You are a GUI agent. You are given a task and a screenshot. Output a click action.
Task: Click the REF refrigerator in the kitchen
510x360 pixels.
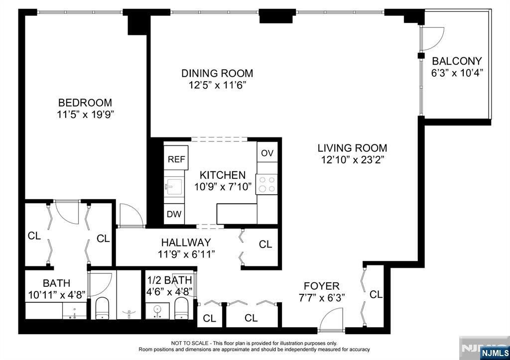pyautogui.click(x=176, y=158)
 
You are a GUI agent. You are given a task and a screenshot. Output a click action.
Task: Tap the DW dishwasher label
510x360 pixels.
pyautogui.click(x=174, y=214)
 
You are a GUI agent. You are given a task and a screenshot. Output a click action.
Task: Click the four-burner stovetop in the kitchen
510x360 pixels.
pyautogui.click(x=267, y=184)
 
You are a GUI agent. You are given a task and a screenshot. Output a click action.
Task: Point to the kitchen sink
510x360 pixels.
pyautogui.click(x=174, y=187)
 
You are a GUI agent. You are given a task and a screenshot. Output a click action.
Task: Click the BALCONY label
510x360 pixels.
pyautogui.click(x=457, y=61)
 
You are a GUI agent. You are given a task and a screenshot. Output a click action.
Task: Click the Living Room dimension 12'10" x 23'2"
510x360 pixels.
pyautogui.click(x=352, y=160)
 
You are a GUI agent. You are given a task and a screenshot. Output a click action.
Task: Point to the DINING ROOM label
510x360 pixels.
pyautogui.click(x=217, y=73)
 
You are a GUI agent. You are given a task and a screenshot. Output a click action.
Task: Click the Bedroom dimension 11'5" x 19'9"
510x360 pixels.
pyautogui.click(x=85, y=115)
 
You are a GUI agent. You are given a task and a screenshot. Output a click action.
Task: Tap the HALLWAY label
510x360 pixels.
pyautogui.click(x=186, y=242)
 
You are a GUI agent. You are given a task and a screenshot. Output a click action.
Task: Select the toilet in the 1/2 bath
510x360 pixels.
pyautogui.click(x=181, y=308)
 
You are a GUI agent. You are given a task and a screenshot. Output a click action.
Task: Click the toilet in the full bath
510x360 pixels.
pyautogui.click(x=102, y=308)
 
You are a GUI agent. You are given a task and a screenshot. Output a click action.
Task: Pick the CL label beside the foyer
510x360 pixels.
pyautogui.click(x=376, y=294)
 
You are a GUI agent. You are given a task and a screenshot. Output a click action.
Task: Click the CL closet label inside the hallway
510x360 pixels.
pyautogui.click(x=265, y=244)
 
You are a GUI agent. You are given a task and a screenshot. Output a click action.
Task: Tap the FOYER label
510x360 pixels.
pyautogui.click(x=321, y=286)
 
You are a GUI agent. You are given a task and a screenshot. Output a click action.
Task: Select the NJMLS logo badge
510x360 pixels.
pyautogui.click(x=495, y=353)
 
